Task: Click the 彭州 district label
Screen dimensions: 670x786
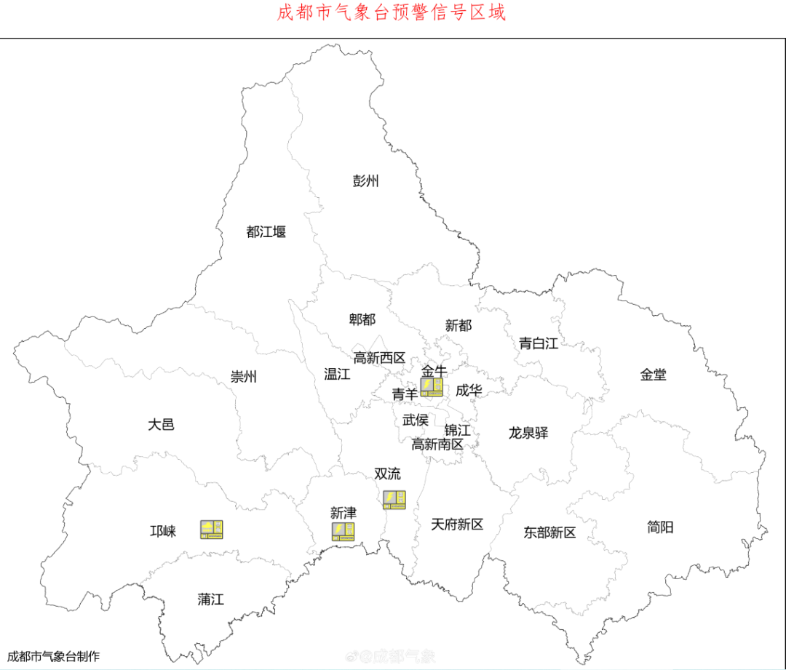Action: pyautogui.click(x=366, y=181)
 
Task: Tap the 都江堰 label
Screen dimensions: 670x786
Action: pyautogui.click(x=266, y=232)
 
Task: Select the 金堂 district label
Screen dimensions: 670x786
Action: pyautogui.click(x=653, y=375)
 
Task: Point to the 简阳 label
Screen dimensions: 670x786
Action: pyautogui.click(x=660, y=527)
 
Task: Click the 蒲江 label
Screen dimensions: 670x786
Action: pyautogui.click(x=211, y=599)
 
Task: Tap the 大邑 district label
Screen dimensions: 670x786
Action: pyautogui.click(x=161, y=424)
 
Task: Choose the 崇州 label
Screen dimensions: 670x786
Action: pyautogui.click(x=244, y=377)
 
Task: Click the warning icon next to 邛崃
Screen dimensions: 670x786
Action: pyautogui.click(x=212, y=530)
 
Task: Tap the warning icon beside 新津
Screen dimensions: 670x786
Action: pyautogui.click(x=344, y=532)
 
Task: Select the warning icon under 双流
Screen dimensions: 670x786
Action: pyautogui.click(x=394, y=500)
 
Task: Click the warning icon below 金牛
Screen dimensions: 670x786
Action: pyautogui.click(x=432, y=387)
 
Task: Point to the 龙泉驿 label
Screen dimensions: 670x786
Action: pyautogui.click(x=528, y=433)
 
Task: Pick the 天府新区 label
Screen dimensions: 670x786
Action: pyautogui.click(x=457, y=524)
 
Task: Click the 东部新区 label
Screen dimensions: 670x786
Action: pyautogui.click(x=549, y=533)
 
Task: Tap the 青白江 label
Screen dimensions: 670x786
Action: pyautogui.click(x=539, y=343)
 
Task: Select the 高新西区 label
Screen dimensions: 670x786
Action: pyautogui.click(x=379, y=358)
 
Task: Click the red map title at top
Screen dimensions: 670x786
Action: pyautogui.click(x=392, y=13)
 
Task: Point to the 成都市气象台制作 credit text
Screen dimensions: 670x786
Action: pyautogui.click(x=53, y=656)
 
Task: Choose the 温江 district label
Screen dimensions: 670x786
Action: pyautogui.click(x=337, y=375)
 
